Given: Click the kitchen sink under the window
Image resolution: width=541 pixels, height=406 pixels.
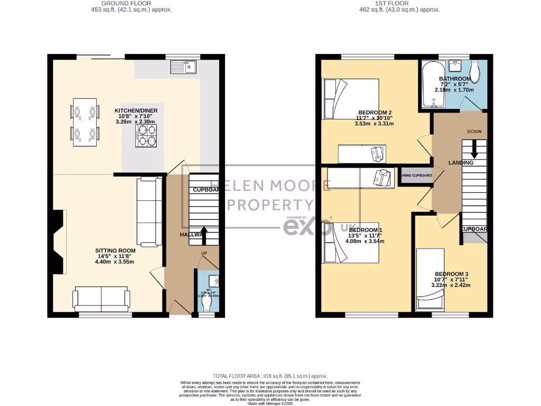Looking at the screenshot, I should [183, 67].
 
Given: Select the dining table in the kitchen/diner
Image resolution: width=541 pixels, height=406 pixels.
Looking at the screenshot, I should [85, 122].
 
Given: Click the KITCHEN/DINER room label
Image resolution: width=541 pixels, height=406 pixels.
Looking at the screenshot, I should [136, 110].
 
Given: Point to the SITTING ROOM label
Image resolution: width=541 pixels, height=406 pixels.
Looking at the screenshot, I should [115, 251].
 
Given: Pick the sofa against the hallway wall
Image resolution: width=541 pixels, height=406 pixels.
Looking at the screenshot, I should [150, 212].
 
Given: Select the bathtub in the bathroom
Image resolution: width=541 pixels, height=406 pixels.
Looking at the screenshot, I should [431, 86].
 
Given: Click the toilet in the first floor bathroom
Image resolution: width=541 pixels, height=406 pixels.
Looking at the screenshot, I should [475, 72].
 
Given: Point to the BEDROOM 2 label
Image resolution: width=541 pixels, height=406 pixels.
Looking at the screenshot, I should [375, 113].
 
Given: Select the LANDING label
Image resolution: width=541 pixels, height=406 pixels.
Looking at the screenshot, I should [461, 163].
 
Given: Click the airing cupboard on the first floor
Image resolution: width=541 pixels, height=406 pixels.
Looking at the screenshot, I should [416, 176].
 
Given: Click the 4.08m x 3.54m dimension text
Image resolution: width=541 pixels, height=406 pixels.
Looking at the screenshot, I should [365, 241].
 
